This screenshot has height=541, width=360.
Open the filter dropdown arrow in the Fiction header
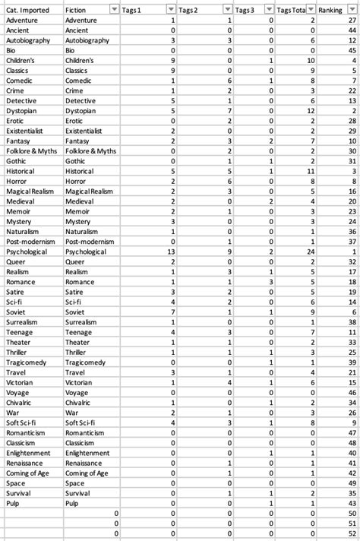click(x=114, y=8)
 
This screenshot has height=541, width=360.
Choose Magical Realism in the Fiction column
click(x=90, y=191)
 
